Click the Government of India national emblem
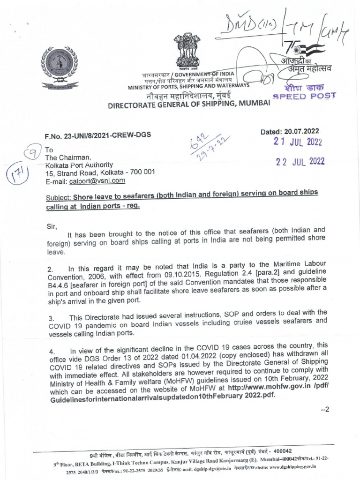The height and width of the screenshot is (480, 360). pyautogui.click(x=186, y=51)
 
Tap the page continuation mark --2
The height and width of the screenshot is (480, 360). pyautogui.click(x=325, y=409)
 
